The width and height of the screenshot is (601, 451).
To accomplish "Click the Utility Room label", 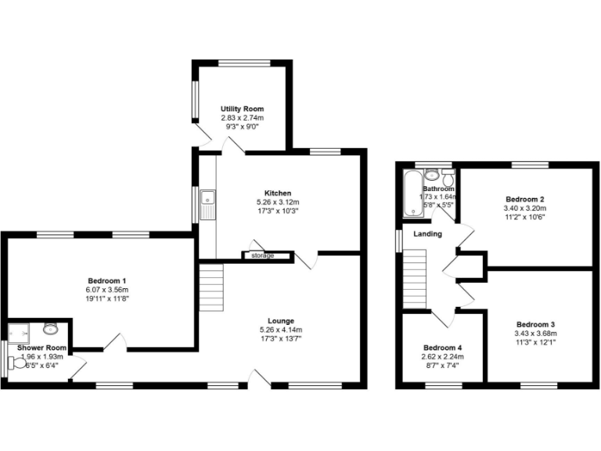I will click(242, 109).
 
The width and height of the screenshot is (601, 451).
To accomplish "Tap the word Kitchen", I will click(278, 193).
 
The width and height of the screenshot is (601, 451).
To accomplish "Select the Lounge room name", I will click(281, 320).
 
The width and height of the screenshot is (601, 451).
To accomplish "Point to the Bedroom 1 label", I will click(107, 281).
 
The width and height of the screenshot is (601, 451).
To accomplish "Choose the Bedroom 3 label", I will click(535, 324).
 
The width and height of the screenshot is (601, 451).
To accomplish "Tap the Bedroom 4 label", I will click(443, 348).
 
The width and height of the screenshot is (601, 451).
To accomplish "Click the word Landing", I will click(428, 234).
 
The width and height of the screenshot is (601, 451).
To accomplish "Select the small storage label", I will click(263, 255).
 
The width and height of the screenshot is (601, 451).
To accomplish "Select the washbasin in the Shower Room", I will click(51, 328).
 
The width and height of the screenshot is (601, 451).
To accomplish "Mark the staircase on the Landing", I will click(415, 279).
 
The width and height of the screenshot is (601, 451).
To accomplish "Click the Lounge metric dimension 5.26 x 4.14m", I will click(281, 330).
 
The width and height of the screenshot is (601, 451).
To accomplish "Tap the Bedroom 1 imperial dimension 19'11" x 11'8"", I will click(107, 298).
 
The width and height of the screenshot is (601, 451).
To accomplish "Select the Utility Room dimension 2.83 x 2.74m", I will click(242, 117).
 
